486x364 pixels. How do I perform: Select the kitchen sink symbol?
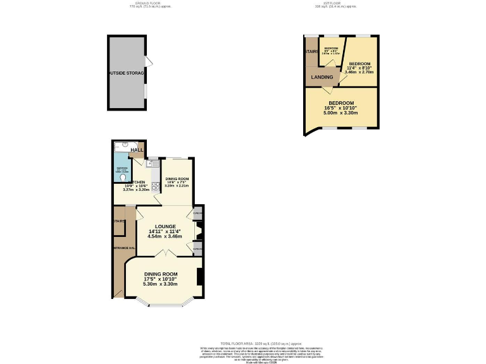[x=152, y=164]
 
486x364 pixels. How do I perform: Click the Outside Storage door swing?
[x=149, y=61]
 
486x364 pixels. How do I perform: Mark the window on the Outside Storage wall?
[x=145, y=91]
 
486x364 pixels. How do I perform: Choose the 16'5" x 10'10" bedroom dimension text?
[x=341, y=109]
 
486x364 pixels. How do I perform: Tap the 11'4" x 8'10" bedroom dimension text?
[x=359, y=68]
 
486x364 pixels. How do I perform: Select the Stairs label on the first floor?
[x=311, y=51]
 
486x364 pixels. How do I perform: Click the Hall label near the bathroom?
[x=137, y=150]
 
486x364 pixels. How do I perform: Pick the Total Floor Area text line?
[x=242, y=341]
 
